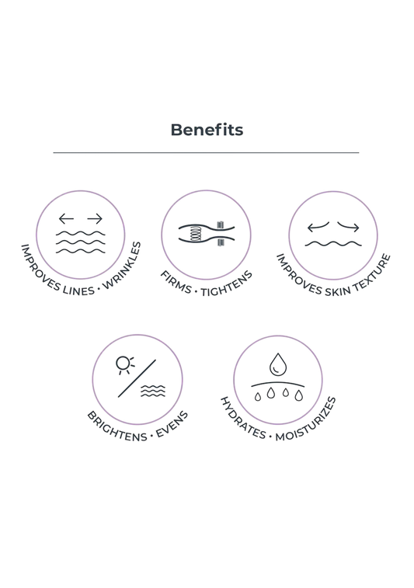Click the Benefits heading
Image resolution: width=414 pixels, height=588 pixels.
(x=207, y=130)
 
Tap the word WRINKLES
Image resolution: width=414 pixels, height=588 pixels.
(x=123, y=266)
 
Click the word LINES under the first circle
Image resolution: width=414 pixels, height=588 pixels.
(x=78, y=290)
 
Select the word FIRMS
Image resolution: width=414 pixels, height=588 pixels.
(x=176, y=283)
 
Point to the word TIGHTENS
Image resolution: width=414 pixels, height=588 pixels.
(x=227, y=284)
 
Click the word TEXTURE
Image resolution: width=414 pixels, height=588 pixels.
(x=371, y=272)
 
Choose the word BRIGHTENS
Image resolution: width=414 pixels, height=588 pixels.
(x=117, y=427)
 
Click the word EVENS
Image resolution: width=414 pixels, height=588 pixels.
(x=172, y=424)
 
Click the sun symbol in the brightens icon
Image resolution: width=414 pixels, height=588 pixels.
(x=124, y=364)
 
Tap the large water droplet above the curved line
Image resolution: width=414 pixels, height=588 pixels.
(x=278, y=364)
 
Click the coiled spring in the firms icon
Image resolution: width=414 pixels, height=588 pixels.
(x=196, y=234)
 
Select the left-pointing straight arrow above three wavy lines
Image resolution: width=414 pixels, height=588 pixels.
(x=66, y=218)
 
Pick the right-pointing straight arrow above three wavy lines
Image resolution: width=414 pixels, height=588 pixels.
(x=95, y=218)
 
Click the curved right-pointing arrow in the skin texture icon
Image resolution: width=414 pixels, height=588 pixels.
(x=349, y=226)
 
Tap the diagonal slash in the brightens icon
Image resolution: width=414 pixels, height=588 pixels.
(x=137, y=378)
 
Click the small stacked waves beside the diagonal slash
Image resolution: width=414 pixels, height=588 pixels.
(x=153, y=391)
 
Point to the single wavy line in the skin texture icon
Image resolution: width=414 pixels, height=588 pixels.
(x=333, y=244)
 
